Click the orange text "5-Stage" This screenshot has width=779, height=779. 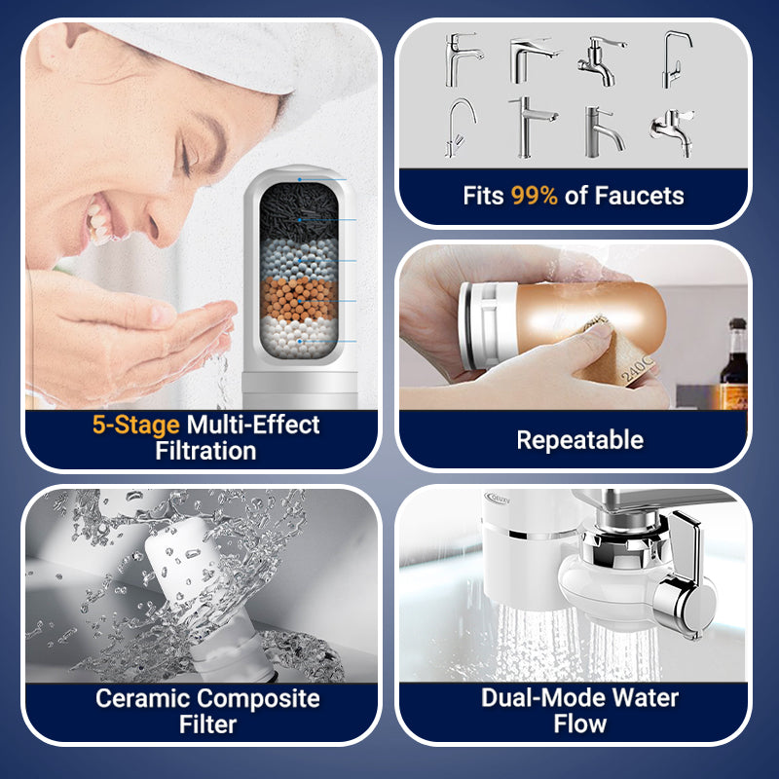point(135,426)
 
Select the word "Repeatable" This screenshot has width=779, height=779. point(579,440)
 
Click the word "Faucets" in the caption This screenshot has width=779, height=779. point(639,196)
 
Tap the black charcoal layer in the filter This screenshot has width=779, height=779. point(299,211)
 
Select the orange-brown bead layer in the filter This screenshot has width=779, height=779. point(299,298)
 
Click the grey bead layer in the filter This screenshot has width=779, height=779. point(299,259)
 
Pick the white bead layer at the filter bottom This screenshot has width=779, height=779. point(299,338)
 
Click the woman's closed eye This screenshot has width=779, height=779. point(187,159)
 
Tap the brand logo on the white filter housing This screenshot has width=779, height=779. point(498,499)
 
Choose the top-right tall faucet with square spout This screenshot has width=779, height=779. point(676,59)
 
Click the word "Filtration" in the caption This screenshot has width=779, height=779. point(205,451)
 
